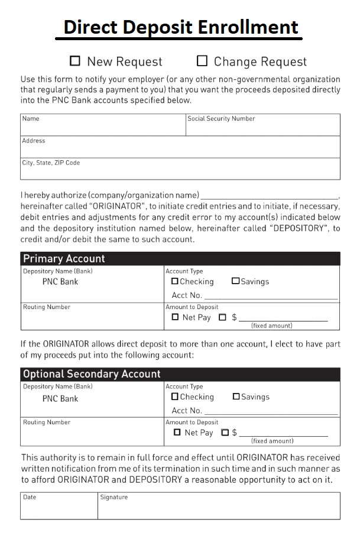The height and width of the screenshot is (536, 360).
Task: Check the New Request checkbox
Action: [75, 60]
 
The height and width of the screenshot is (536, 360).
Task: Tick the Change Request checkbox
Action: [202, 60]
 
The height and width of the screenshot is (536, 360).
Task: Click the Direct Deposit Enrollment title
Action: [180, 27]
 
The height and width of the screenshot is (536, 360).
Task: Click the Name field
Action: [103, 128]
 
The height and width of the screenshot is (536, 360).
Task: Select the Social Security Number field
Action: [263, 128]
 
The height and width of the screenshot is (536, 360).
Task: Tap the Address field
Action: [180, 149]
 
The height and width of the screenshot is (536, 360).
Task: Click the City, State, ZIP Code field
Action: [180, 171]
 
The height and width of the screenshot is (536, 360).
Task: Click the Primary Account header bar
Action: [180, 259]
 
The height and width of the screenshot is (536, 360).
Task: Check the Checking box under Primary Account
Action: [175, 281]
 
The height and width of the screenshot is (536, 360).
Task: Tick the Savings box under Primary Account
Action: [236, 281]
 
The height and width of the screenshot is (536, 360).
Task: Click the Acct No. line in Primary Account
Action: [271, 295]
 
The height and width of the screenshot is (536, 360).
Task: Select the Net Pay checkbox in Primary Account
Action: [175, 317]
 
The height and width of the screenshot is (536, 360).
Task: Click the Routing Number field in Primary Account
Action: [92, 320]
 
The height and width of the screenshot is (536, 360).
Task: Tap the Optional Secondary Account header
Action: [180, 374]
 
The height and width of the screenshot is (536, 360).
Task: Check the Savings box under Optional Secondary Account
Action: [236, 397]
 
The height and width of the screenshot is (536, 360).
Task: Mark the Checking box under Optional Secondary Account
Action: [175, 397]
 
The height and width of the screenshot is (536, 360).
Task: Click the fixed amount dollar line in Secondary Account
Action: [283, 433]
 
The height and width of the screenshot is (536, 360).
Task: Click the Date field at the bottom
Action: [59, 507]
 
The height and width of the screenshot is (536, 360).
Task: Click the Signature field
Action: [219, 507]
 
